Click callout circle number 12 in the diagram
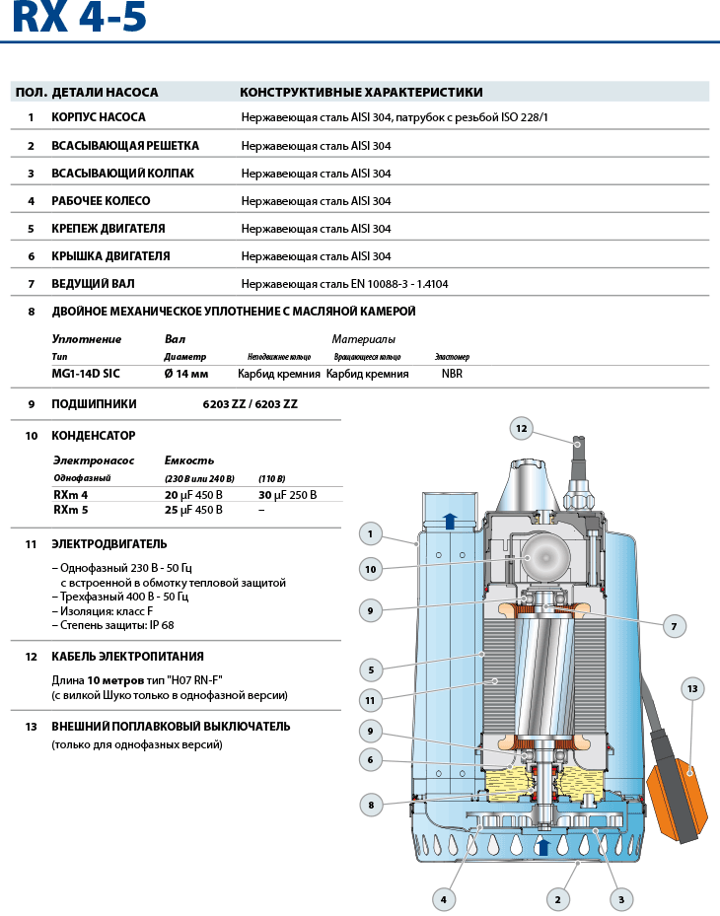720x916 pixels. [x=522, y=428]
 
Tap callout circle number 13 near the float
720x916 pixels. [x=691, y=688]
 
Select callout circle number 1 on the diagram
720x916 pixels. [x=370, y=534]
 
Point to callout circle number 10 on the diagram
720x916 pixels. [x=370, y=569]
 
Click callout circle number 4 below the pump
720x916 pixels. [x=444, y=898]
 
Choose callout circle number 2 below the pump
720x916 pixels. [x=557, y=898]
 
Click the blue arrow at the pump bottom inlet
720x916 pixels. [x=542, y=846]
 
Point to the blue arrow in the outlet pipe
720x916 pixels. [x=450, y=522]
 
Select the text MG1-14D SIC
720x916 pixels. [x=87, y=375]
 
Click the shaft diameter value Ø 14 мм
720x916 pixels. [x=186, y=375]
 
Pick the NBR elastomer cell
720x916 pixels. [x=452, y=375]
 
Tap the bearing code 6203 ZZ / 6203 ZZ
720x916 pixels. [x=250, y=404]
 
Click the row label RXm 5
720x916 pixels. [x=71, y=510]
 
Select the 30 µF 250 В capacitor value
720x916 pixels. [x=287, y=495]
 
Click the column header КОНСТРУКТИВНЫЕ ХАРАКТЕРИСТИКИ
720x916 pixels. [x=361, y=93]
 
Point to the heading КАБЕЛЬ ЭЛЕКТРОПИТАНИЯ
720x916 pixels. [x=127, y=657]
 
